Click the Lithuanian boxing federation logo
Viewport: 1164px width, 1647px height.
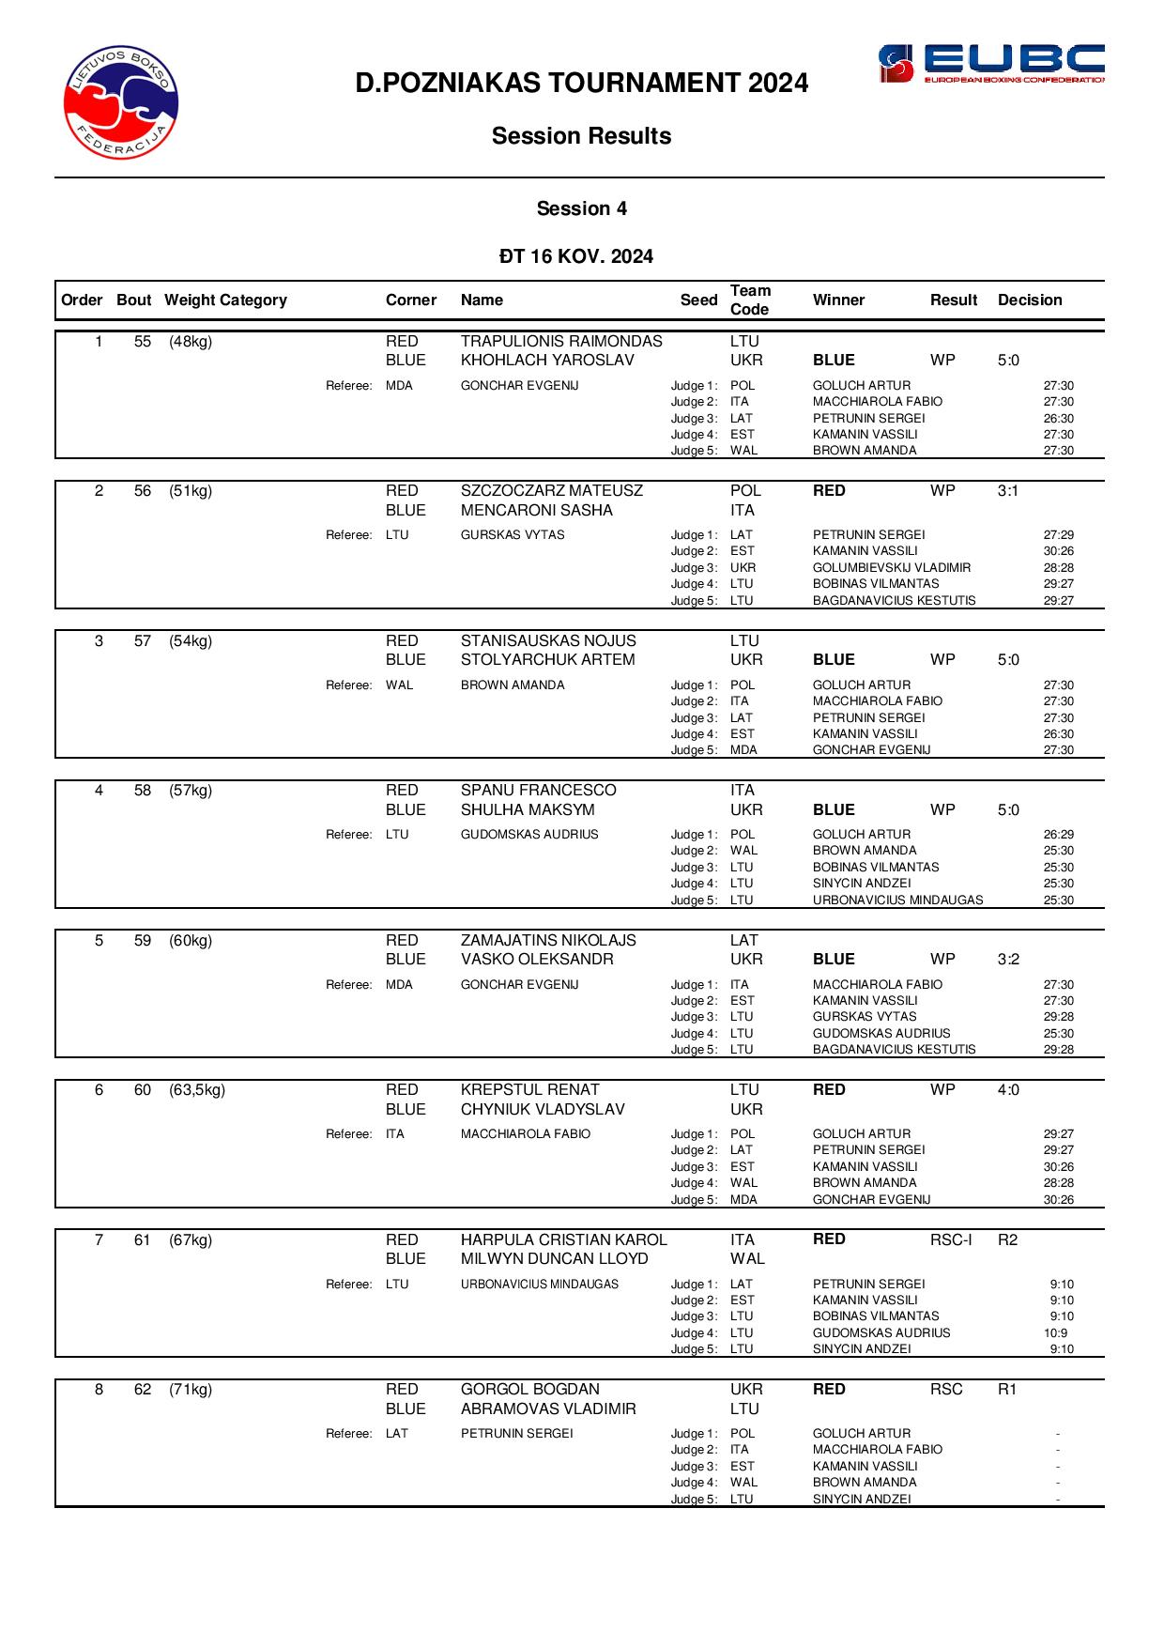121,102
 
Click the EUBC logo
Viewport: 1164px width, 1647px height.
990,64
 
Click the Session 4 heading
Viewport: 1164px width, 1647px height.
581,208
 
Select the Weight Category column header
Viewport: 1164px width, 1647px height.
225,300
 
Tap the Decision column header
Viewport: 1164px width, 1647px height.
1030,300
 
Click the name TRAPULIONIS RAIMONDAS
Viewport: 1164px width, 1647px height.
561,342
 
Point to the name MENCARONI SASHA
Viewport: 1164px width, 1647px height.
536,511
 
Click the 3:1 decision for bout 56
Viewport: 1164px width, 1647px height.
1008,491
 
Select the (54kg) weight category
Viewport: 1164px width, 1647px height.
191,641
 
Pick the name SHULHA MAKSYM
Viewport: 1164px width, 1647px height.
528,810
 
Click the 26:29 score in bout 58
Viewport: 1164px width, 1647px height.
1058,835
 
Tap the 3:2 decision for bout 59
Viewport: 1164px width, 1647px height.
1008,960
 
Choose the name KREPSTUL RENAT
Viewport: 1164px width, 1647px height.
529,1090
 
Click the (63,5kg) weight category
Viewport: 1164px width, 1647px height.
197,1090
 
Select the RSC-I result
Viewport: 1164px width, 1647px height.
951,1240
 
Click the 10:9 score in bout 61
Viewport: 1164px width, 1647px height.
1055,1333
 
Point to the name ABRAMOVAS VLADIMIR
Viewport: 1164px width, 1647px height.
548,1409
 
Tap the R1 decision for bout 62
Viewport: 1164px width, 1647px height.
1007,1390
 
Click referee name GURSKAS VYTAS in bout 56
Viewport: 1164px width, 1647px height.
513,535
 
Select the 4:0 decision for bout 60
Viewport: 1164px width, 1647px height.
1008,1090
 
